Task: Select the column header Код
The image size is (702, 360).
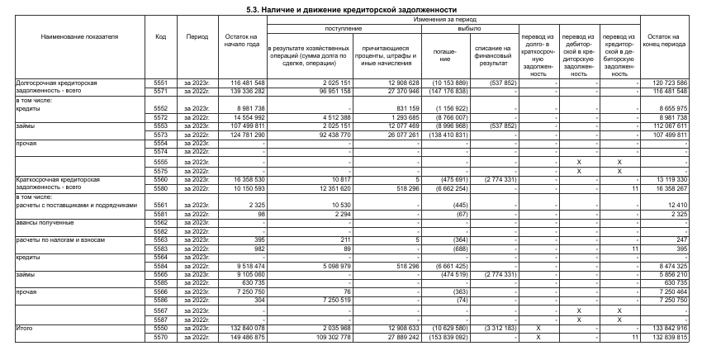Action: click(x=160, y=37)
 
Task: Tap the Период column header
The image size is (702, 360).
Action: click(x=196, y=37)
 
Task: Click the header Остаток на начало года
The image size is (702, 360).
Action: click(x=241, y=40)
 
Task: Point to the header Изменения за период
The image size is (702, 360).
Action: click(x=453, y=17)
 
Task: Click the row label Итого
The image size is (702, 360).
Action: click(x=24, y=328)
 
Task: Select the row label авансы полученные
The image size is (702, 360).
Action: click(x=40, y=223)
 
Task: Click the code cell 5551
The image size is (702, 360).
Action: click(x=160, y=83)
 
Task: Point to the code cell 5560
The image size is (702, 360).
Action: click(x=160, y=179)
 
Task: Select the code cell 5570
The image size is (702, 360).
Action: click(x=160, y=337)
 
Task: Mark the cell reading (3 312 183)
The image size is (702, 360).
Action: click(x=498, y=328)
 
